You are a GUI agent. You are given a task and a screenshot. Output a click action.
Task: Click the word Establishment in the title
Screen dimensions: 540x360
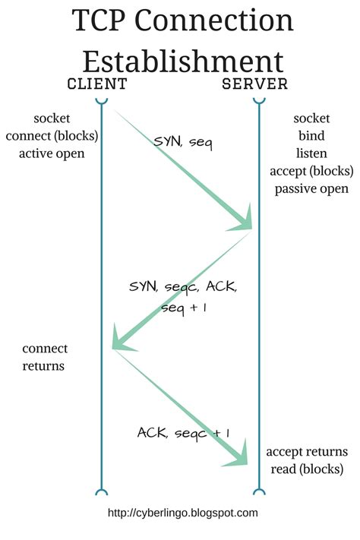pos(182,61)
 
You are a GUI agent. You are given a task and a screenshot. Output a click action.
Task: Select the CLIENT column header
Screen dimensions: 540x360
pos(97,84)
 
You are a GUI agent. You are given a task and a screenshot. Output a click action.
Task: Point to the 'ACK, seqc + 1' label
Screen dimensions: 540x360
pos(183,432)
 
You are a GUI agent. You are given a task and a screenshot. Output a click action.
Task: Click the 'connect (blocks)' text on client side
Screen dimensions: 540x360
pos(52,136)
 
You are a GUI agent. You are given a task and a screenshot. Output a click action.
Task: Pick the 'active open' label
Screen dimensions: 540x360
pos(52,153)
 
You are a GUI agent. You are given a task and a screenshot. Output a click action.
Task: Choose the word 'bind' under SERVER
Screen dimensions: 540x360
pos(311,136)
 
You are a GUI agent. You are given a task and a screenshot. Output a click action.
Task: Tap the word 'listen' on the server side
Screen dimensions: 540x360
pos(311,153)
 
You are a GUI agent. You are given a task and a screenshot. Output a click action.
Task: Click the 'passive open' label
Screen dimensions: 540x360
pos(311,188)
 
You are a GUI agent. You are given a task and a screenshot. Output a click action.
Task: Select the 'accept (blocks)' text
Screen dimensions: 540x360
pos(311,171)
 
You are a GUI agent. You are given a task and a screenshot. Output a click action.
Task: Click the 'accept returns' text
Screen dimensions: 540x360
pos(307,451)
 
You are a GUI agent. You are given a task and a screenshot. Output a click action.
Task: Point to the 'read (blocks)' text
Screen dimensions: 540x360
pos(307,469)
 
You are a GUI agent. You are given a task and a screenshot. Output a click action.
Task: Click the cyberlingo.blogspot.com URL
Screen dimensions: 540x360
pos(183,513)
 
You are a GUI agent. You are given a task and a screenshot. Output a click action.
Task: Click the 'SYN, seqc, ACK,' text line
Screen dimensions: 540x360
pos(182,289)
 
